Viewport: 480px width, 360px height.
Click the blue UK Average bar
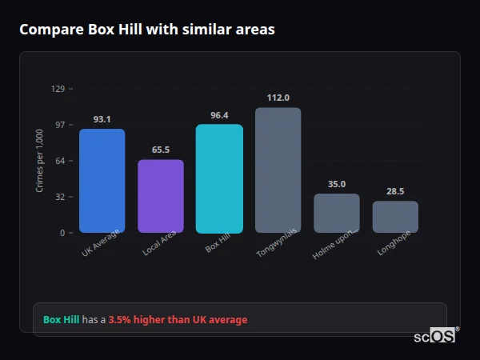(x=102, y=181)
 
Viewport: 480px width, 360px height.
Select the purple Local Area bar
(x=161, y=196)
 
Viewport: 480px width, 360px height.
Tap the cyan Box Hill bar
(x=219, y=178)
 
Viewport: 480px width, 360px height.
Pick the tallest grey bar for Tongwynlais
(x=278, y=170)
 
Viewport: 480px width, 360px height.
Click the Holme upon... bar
(x=337, y=213)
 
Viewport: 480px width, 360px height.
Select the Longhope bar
(x=395, y=217)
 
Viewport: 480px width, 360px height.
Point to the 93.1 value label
(x=102, y=119)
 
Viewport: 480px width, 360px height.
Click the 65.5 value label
(x=161, y=150)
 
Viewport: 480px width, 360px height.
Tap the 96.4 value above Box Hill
(x=219, y=115)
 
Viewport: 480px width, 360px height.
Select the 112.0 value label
(x=278, y=98)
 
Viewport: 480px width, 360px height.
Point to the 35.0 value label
(x=337, y=184)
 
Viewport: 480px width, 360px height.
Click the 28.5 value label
(x=395, y=191)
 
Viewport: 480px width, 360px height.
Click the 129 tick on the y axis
(x=58, y=89)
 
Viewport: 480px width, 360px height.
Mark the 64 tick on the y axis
(x=60, y=161)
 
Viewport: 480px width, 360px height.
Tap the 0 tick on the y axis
(x=62, y=233)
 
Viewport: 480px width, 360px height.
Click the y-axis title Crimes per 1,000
(x=40, y=161)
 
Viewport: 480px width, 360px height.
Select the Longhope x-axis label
(x=389, y=246)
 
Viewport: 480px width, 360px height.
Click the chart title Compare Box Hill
(x=146, y=30)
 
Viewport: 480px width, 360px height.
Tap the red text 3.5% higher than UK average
(x=178, y=320)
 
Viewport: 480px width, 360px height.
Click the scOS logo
(x=434, y=336)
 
